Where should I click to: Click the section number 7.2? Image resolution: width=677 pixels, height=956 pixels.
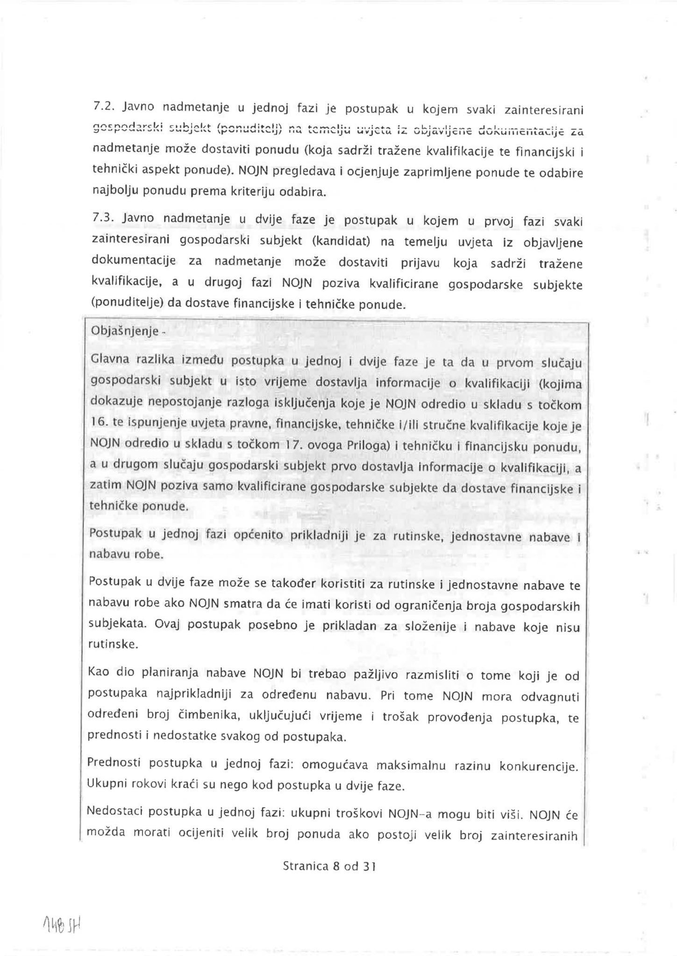click(103, 107)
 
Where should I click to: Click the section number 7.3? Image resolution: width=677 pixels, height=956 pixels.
click(103, 218)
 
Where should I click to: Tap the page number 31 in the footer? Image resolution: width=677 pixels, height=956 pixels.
click(369, 866)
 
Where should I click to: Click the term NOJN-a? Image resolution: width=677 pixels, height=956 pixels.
click(406, 814)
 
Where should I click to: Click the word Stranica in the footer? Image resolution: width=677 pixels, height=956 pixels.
click(306, 866)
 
